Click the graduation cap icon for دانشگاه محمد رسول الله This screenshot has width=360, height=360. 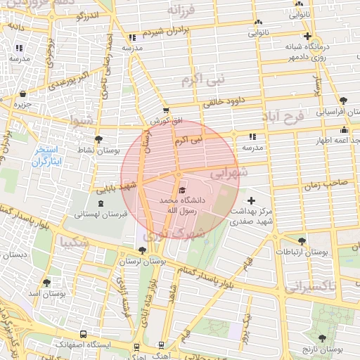coord(182,190)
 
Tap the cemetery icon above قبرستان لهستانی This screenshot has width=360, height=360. coord(101,203)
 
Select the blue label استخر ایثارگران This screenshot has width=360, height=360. coord(48,156)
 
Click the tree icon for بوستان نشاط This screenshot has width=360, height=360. coord(98,139)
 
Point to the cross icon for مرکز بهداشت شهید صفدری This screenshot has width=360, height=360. coord(251,201)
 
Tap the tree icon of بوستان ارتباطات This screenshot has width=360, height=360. coord(302,241)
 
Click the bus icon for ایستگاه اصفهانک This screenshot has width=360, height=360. coord(84,335)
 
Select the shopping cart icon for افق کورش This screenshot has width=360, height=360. coord(166,110)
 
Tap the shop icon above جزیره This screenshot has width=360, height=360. coord(23,94)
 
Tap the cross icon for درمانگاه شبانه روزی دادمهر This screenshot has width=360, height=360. coord(307,37)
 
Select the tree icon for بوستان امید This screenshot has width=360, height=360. coord(46,283)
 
